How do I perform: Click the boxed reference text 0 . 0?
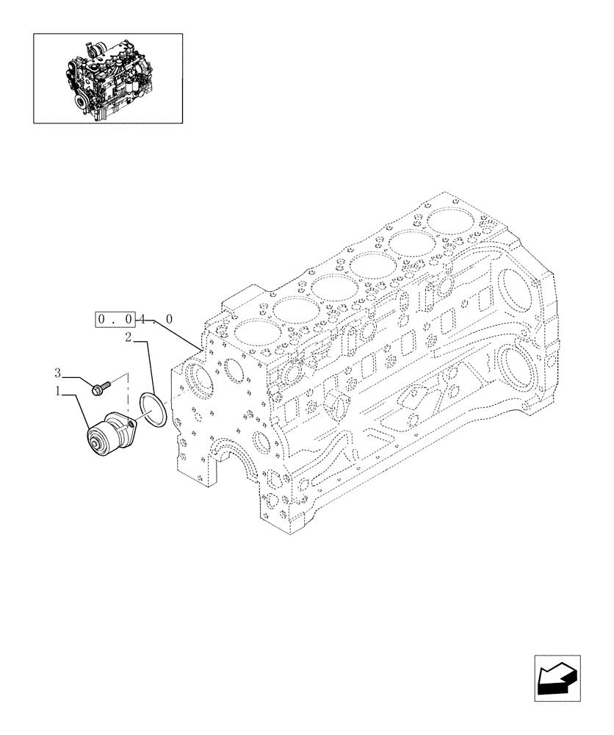click(x=114, y=320)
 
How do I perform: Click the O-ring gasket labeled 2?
click(x=153, y=407)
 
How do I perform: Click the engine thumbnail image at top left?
click(x=107, y=77)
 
